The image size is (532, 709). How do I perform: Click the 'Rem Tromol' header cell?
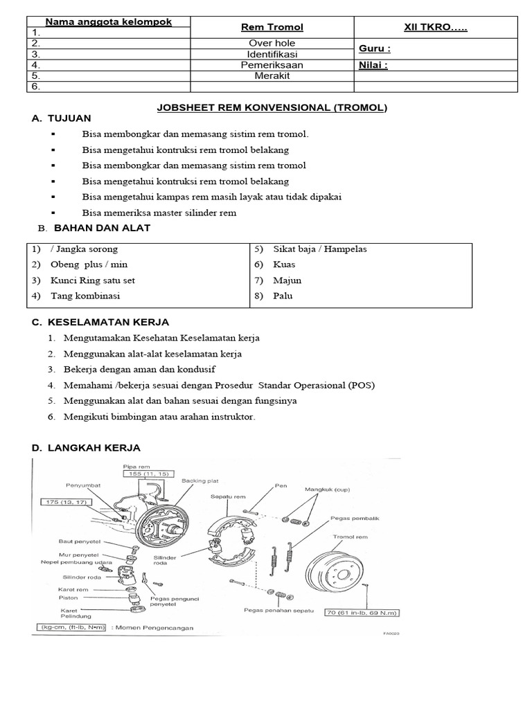272,27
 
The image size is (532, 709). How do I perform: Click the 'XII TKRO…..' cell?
436,27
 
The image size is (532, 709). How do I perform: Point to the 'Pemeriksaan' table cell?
272,65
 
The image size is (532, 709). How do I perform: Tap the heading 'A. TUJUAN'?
62,119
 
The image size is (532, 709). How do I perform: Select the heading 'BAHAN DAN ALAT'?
102,228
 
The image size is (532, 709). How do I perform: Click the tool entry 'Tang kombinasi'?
85,296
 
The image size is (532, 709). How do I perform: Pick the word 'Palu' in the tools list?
283,296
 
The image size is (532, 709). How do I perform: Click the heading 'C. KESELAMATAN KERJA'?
100,323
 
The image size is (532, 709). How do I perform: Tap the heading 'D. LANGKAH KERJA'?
87,448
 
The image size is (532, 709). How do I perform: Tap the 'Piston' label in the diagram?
69,597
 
